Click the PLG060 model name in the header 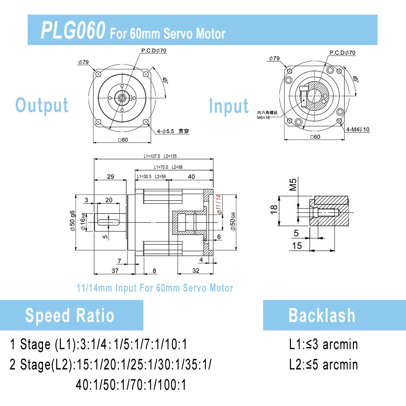pos(73,30)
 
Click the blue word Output pos(42,106)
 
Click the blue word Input pos(229,106)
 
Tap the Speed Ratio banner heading pos(70,315)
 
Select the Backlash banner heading pos(322,315)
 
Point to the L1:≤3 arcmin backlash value pos(324,344)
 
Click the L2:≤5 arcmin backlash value pos(324,365)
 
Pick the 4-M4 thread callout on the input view pos(358,129)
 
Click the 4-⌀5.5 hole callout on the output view pos(173,131)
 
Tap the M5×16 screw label pos(263,118)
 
